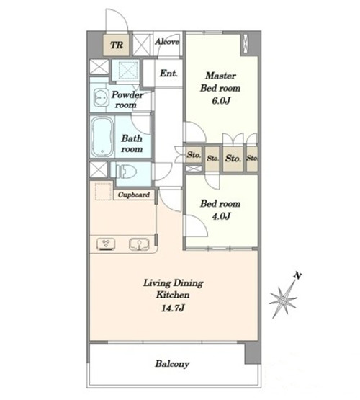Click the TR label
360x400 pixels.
[117, 45]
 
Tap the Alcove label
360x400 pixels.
[167, 42]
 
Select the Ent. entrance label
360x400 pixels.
[168, 74]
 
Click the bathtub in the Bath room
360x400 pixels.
[102, 136]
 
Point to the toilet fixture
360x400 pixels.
[125, 171]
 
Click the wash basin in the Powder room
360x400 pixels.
[101, 97]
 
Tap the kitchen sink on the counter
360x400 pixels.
[139, 244]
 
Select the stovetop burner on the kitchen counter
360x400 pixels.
[106, 244]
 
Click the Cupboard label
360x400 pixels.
[134, 195]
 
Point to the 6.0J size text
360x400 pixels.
[221, 101]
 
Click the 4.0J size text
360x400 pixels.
[221, 216]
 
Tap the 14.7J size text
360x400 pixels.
[173, 308]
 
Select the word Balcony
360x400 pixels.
[172, 364]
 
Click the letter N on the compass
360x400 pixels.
[297, 275]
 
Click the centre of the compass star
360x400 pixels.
[283, 299]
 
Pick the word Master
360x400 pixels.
[220, 76]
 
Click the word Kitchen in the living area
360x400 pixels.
[173, 295]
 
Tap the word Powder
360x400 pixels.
[127, 94]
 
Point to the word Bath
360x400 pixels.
[132, 138]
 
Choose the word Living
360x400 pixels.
[157, 283]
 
